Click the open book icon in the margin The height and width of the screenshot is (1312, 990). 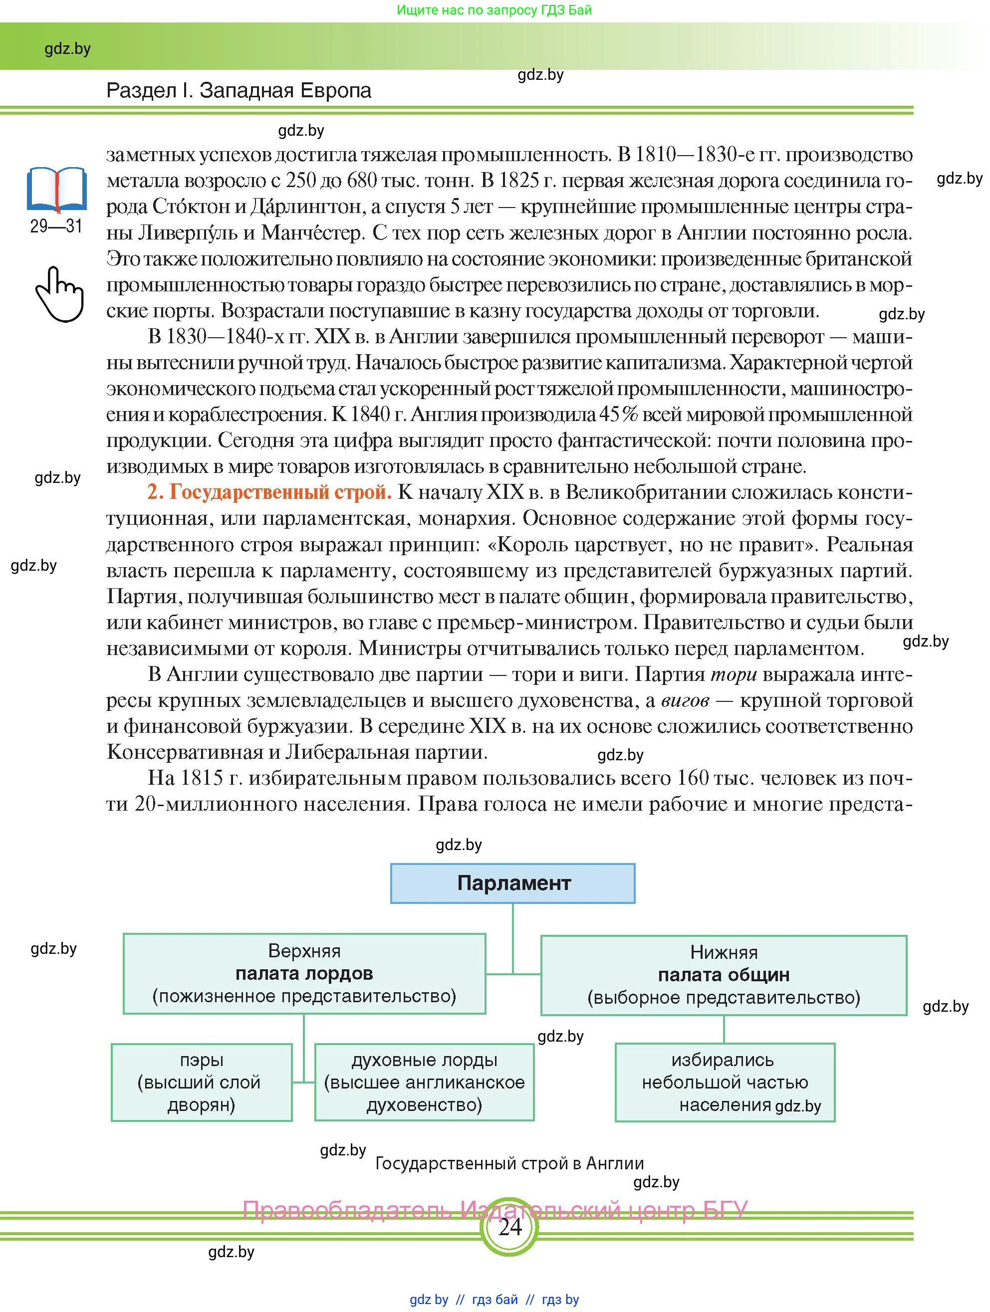57,190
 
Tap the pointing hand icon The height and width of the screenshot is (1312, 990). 59,294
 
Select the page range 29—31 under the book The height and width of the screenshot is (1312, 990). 56,226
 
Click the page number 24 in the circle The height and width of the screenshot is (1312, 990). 509,1227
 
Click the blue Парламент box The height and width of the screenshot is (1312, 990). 512,883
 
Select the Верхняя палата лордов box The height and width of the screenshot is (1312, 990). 304,973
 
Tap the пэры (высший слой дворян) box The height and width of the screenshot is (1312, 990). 202,1082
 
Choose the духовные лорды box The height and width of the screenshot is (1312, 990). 424,1082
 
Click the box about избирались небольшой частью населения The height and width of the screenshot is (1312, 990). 725,1082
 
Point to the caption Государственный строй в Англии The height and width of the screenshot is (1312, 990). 509,1163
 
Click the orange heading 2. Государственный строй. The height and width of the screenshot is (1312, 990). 270,492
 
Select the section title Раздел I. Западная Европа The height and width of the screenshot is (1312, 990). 239,90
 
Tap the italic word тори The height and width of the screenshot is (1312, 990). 733,674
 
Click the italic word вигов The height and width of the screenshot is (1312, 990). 685,700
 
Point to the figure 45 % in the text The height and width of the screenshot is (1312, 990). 619,414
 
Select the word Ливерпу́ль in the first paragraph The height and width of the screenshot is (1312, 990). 188,232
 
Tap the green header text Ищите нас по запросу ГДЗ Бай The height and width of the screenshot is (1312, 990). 494,10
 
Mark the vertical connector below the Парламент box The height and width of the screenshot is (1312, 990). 512,938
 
